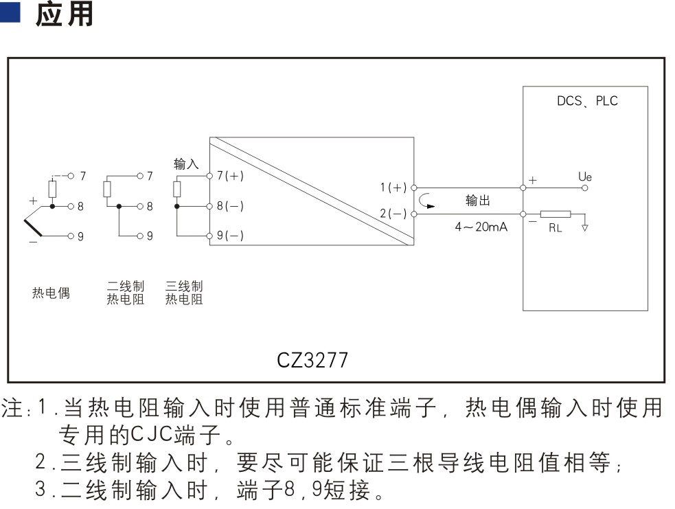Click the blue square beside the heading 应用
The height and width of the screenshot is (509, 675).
(x=10, y=12)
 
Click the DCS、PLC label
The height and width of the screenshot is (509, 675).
(x=587, y=101)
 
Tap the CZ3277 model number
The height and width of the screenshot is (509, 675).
(x=312, y=360)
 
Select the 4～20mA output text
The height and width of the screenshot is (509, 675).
(x=481, y=227)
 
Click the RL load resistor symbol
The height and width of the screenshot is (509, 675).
(x=556, y=214)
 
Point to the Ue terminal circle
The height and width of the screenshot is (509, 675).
(x=584, y=188)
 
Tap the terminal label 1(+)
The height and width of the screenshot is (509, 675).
(x=393, y=188)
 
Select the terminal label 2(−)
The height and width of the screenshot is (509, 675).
(x=393, y=213)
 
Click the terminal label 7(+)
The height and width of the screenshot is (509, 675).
(x=230, y=176)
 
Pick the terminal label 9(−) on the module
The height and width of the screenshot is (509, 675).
(x=230, y=235)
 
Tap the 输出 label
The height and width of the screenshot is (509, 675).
(x=478, y=201)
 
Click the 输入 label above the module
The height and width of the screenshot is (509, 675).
(x=186, y=163)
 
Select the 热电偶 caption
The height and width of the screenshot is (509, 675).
(x=51, y=293)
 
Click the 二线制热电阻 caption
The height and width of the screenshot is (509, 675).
(x=125, y=293)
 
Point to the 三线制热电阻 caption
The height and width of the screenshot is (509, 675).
(x=184, y=293)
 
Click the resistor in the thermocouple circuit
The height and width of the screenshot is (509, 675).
(x=52, y=190)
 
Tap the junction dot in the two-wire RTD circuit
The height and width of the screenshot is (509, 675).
(x=119, y=206)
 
